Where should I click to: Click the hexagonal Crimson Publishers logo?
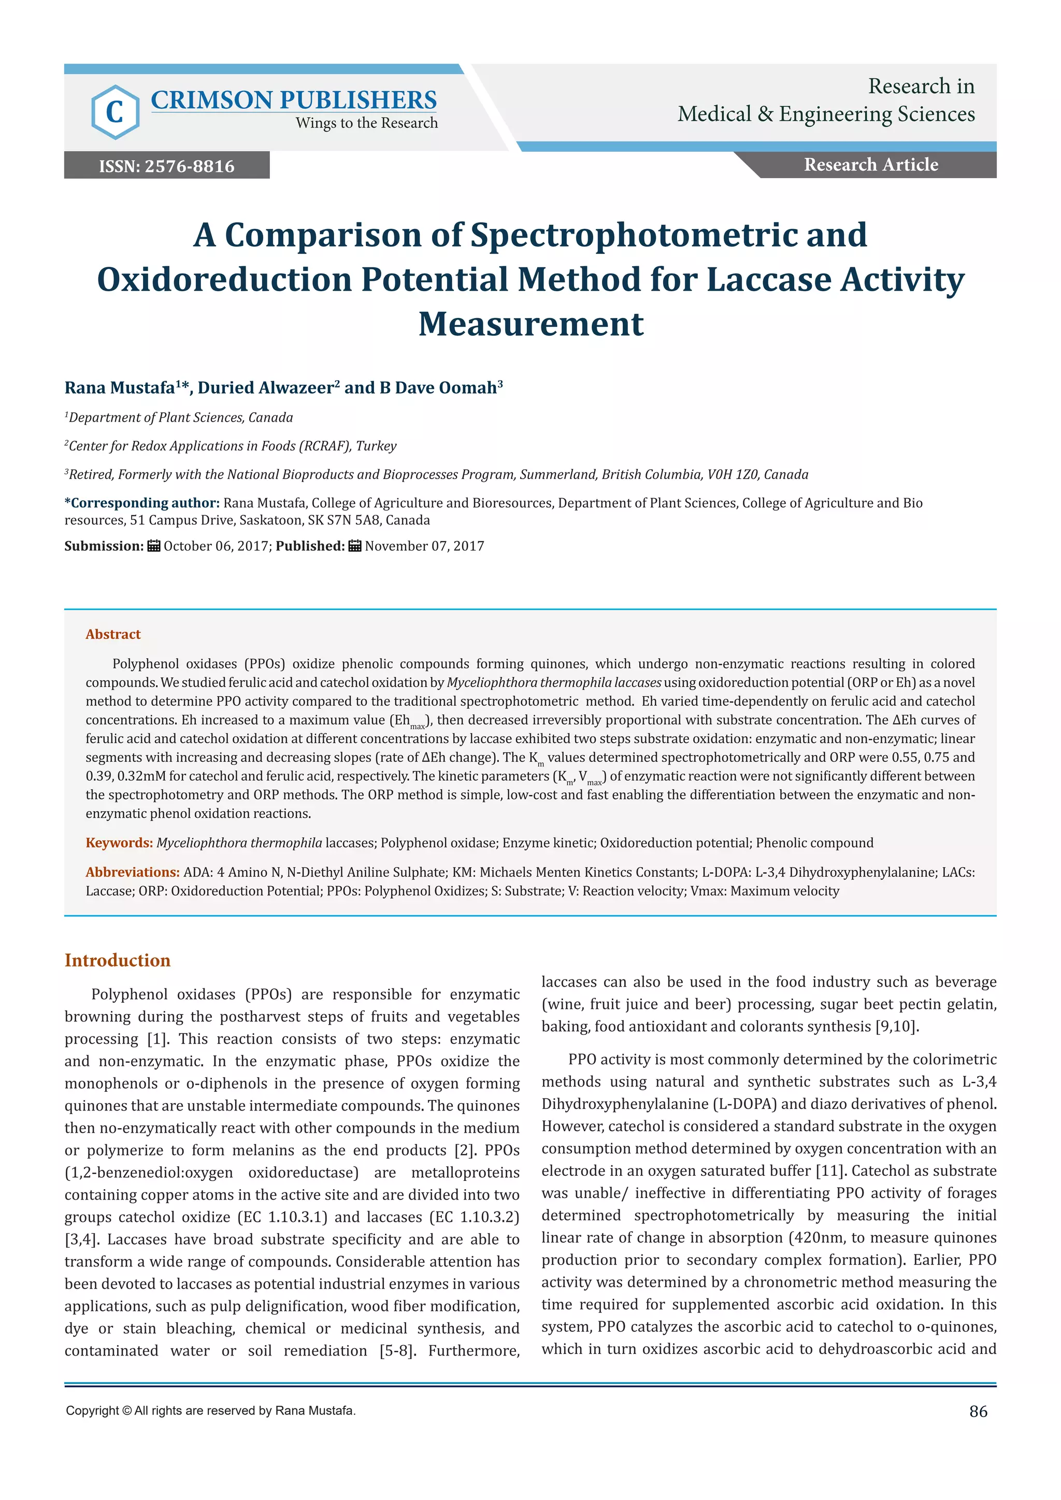(x=115, y=112)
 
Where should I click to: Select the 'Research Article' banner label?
(x=870, y=165)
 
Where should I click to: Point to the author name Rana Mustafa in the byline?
(x=120, y=388)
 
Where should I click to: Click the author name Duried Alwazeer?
(x=265, y=388)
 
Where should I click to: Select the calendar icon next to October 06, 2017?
(x=153, y=546)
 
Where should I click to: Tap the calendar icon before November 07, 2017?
(x=355, y=546)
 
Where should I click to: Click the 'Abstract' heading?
(x=113, y=634)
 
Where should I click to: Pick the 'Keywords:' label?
(x=119, y=843)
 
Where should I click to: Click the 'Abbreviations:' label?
(x=133, y=872)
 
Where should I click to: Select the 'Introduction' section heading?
(x=117, y=960)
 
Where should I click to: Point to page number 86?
(x=978, y=1412)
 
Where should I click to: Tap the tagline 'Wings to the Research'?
(x=366, y=123)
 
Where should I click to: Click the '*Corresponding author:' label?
(x=142, y=503)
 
